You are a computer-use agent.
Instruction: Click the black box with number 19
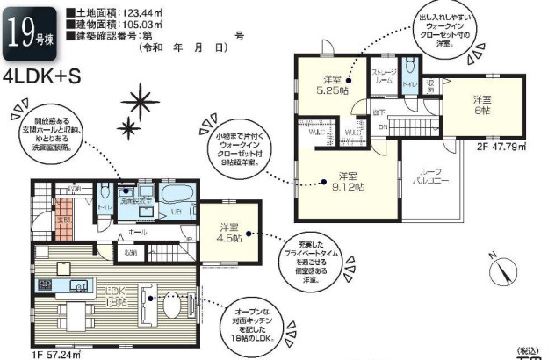pos(27,33)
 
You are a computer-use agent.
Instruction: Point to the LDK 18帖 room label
pos(116,296)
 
